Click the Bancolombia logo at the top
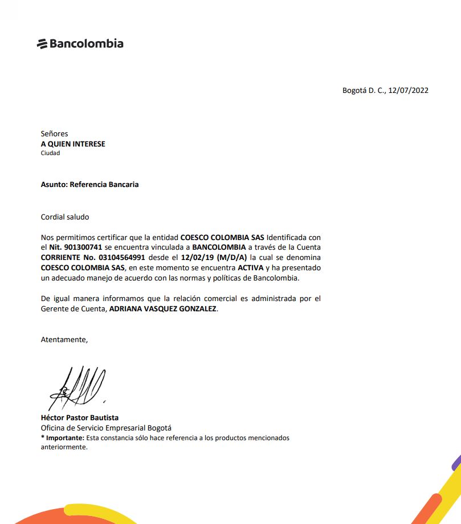80,43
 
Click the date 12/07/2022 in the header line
409,90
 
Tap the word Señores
54,134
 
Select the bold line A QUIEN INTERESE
73,144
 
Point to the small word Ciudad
50,153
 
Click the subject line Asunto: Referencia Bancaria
89,185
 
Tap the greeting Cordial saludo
65,217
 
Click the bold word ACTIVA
250,267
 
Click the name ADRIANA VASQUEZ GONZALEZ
163,309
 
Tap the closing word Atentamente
64,340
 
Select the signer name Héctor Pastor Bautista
80,418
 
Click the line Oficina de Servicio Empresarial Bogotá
106,428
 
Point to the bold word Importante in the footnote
64,438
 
